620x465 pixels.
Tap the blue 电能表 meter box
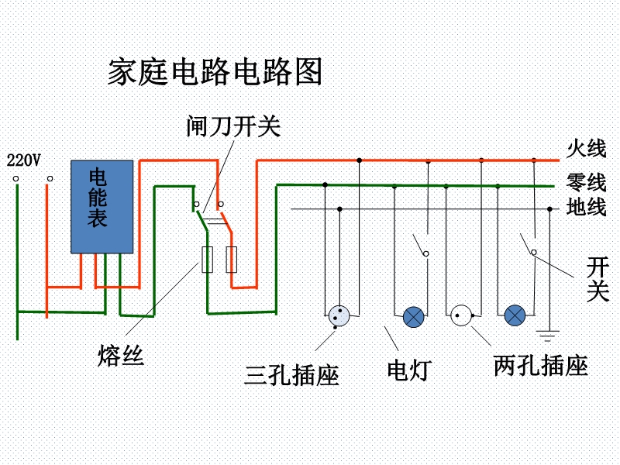tap(102, 206)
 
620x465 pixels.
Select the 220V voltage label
tap(23, 160)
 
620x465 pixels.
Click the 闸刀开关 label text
tap(232, 126)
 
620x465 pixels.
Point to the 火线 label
tap(586, 148)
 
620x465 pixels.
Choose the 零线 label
tap(586, 183)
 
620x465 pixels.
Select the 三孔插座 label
tap(291, 375)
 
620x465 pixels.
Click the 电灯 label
tap(408, 370)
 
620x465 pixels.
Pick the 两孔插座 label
tap(540, 365)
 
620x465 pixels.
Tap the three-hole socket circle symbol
tap(339, 315)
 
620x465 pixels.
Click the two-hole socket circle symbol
tap(462, 315)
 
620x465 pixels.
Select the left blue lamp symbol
tap(414, 315)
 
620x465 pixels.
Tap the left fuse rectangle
tap(207, 260)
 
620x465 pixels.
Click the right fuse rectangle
tap(231, 260)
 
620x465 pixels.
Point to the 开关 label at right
tap(598, 280)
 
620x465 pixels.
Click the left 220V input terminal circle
tap(15, 180)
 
